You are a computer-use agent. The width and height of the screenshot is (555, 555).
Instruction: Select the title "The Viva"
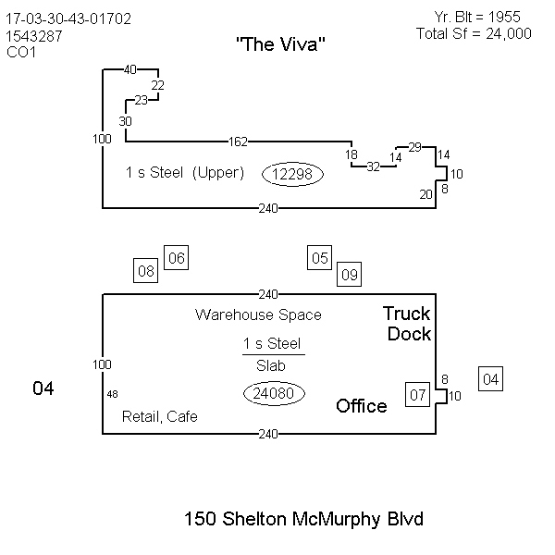click(x=281, y=44)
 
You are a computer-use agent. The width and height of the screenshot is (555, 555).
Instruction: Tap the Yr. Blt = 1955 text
click(x=477, y=17)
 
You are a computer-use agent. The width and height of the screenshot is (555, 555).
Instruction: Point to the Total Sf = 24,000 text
click(x=474, y=32)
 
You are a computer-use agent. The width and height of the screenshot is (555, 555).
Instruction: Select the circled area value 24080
click(x=274, y=393)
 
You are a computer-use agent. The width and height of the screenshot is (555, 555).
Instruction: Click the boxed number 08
click(x=146, y=271)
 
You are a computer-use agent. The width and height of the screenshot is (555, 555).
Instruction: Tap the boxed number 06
click(x=176, y=258)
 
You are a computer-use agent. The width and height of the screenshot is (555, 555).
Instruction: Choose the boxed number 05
click(x=319, y=258)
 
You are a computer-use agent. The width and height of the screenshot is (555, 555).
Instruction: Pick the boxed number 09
click(x=349, y=273)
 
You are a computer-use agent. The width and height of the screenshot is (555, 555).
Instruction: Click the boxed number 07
click(x=418, y=395)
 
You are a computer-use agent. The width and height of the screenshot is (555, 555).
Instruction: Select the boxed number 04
click(x=491, y=378)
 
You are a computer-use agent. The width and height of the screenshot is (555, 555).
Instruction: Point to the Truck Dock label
click(x=408, y=324)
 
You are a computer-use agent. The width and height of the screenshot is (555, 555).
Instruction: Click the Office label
click(x=362, y=406)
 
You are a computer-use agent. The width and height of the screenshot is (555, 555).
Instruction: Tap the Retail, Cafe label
click(x=160, y=417)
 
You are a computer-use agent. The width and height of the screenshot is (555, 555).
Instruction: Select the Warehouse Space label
click(x=258, y=315)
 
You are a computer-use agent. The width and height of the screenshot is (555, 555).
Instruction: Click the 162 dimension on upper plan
click(x=237, y=142)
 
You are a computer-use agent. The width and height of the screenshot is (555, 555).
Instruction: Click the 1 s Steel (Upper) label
click(x=184, y=173)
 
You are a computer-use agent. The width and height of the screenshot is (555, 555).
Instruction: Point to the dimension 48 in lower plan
click(x=112, y=394)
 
